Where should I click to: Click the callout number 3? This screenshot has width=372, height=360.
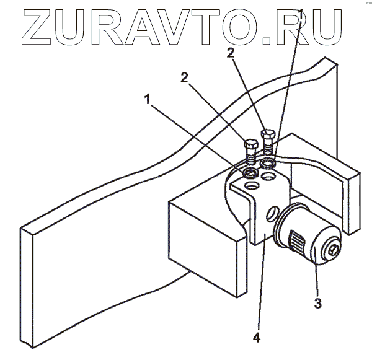317,303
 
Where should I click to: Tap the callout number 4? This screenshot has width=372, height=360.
256,338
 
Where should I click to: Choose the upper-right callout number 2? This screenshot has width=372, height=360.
231,53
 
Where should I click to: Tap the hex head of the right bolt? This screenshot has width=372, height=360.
268,134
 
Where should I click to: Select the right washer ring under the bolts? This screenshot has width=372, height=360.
269,163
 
